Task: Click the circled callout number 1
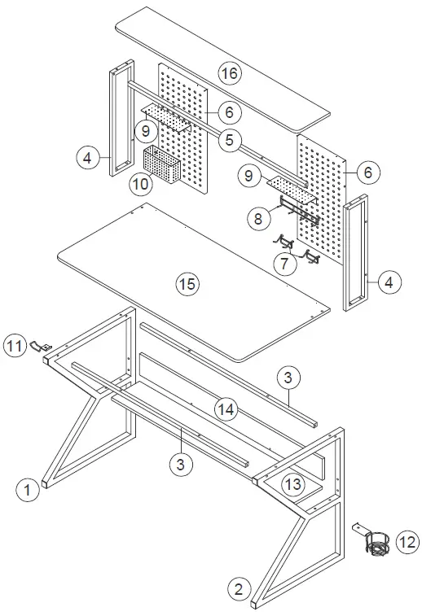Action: pos(28,490)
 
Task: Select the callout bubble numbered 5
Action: pos(230,140)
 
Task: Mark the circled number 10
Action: pos(141,184)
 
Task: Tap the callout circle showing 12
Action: pos(407,540)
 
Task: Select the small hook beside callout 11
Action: pos(39,346)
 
